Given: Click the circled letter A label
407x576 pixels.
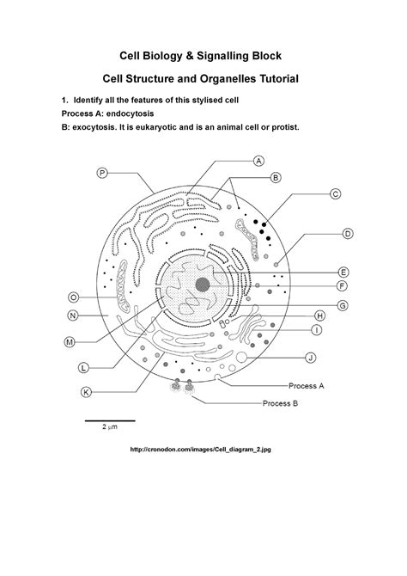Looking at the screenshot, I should (x=258, y=160).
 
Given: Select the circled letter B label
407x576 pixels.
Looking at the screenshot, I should (x=276, y=178).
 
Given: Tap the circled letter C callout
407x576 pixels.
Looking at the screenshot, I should (x=336, y=194).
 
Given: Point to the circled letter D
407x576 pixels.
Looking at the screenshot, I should (x=348, y=233).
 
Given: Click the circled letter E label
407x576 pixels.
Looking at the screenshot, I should (x=343, y=271).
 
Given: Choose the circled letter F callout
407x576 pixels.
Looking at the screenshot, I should (x=342, y=285).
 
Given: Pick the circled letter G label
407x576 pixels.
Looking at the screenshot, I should (x=342, y=305).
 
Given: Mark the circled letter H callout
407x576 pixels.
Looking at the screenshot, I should (x=319, y=316).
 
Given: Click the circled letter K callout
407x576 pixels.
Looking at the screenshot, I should (x=86, y=393).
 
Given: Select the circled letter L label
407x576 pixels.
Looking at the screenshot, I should (x=83, y=367).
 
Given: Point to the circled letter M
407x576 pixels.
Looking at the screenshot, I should (x=70, y=341).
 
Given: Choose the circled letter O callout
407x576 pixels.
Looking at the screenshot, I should (x=73, y=297).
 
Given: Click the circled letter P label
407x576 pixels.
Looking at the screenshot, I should (x=101, y=173).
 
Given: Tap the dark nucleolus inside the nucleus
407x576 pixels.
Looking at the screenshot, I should (x=203, y=285).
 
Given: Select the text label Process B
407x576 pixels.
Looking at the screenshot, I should (x=281, y=402).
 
